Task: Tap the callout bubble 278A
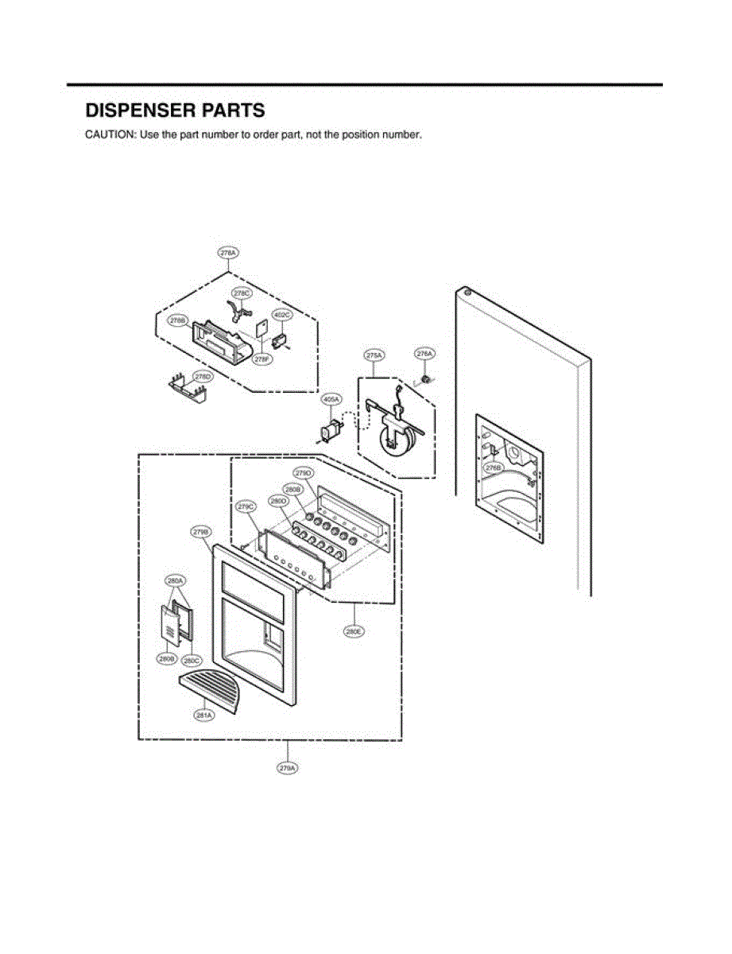pos(228,253)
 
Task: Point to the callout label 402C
pos(282,315)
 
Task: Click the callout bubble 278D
pos(203,376)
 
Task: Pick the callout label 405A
pos(331,399)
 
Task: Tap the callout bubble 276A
pos(424,353)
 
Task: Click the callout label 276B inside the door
pos(494,469)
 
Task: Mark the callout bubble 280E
pos(354,631)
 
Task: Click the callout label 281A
pos(203,715)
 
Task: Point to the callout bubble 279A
pos(288,768)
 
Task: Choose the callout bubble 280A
pos(175,581)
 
